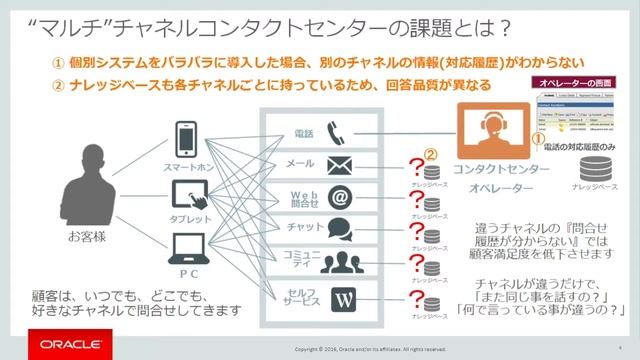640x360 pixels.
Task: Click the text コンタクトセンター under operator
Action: pyautogui.click(x=487, y=171)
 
